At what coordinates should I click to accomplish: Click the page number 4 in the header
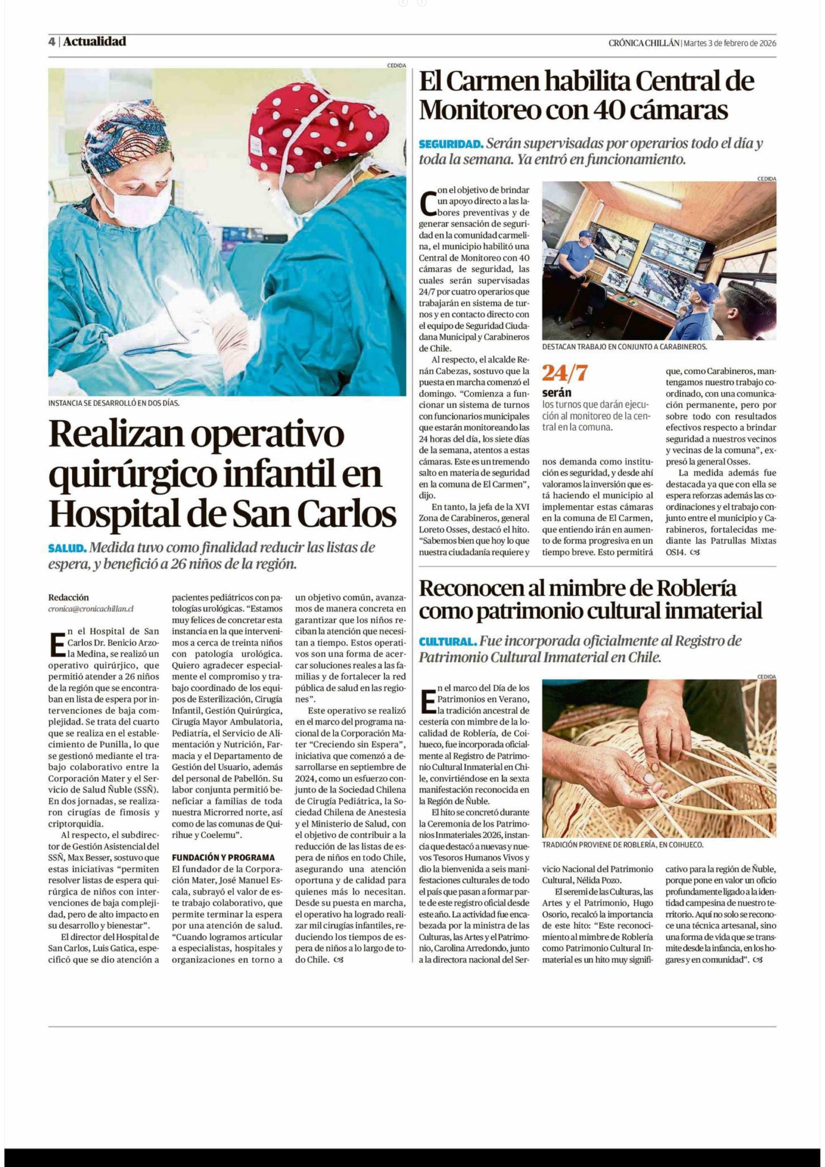(x=52, y=42)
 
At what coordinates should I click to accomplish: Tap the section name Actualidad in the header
(x=94, y=42)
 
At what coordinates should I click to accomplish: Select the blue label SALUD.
(x=67, y=548)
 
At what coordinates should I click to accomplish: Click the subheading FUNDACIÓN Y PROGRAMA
(x=223, y=857)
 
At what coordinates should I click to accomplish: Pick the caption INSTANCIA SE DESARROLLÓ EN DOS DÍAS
(x=114, y=403)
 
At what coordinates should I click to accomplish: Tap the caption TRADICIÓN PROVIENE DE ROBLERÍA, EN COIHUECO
(x=622, y=845)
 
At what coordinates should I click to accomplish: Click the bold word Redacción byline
(x=69, y=597)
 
